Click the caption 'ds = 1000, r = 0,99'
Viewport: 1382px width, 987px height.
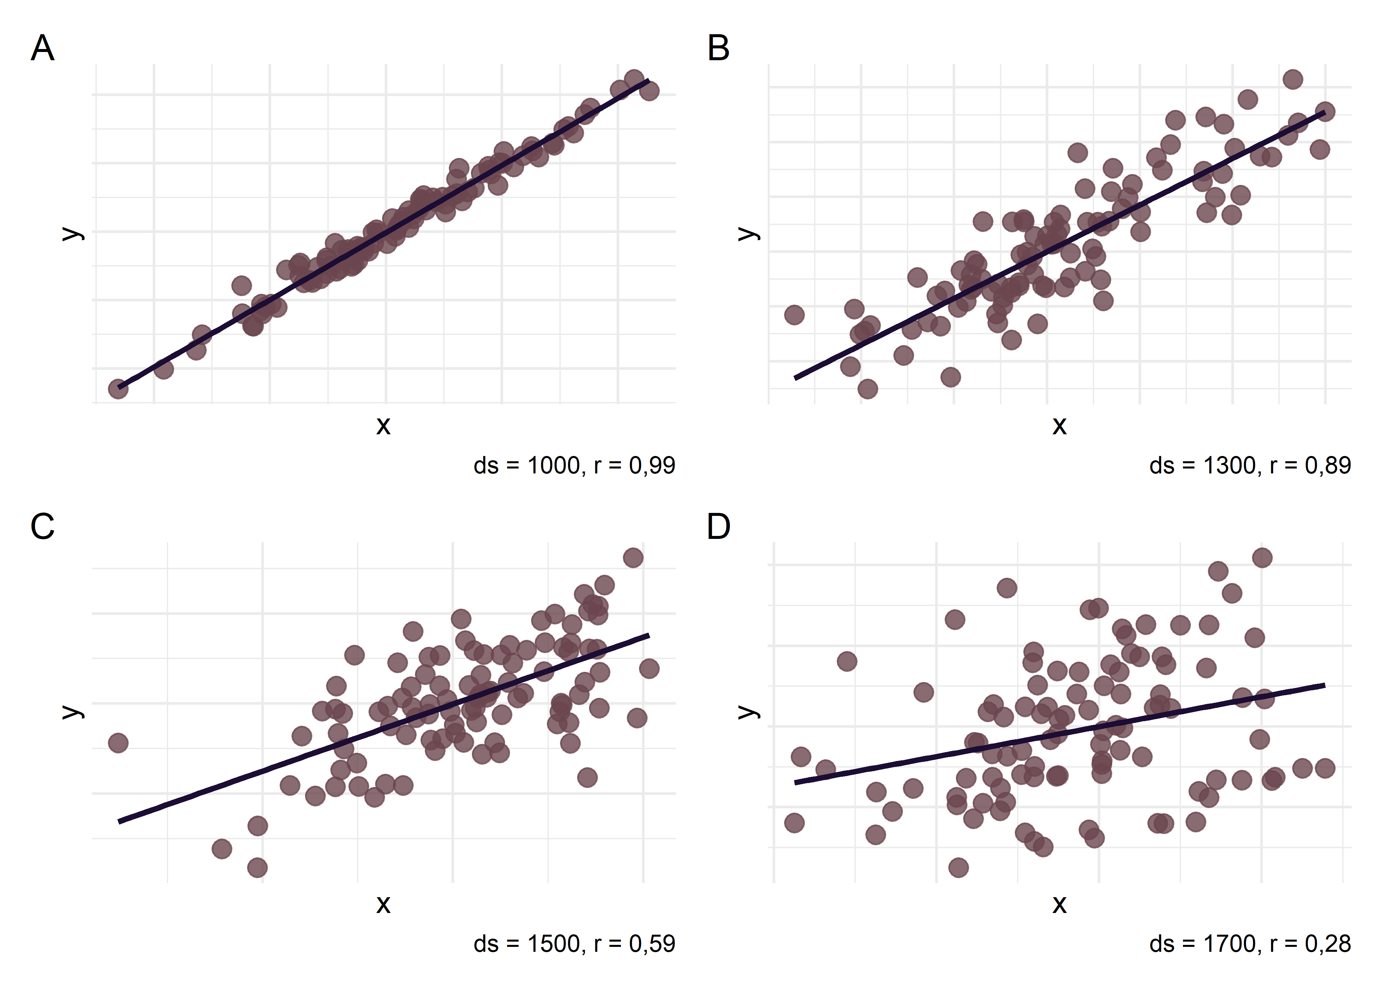click(574, 466)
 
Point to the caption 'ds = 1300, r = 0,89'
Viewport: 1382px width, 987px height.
click(1250, 466)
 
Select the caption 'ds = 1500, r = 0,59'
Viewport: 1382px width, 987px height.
click(574, 944)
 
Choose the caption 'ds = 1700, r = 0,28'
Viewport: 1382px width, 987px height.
click(1250, 944)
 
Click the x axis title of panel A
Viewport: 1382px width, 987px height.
click(383, 425)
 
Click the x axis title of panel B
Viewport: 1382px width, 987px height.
click(1059, 425)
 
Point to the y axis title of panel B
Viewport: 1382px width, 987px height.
click(748, 233)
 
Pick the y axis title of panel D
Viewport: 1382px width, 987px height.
click(748, 711)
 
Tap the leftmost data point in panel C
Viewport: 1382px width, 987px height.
click(118, 743)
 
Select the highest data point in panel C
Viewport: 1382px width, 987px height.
click(633, 558)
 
